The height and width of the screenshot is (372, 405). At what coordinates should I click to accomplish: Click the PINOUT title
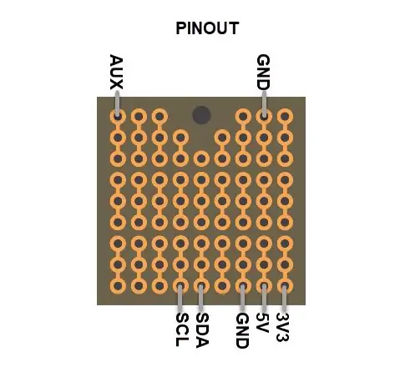[207, 28]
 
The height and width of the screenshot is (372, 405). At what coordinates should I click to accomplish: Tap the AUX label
[116, 72]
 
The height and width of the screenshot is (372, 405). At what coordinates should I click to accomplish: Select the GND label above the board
[263, 72]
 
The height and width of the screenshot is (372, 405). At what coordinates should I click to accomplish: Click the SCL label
[182, 329]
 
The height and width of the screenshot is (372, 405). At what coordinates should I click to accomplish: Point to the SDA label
[202, 330]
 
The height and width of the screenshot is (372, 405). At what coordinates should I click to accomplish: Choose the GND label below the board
[242, 330]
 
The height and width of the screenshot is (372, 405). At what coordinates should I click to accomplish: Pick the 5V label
[262, 323]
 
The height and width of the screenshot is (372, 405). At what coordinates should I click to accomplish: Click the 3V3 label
[282, 327]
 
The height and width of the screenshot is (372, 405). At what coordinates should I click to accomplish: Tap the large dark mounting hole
[201, 115]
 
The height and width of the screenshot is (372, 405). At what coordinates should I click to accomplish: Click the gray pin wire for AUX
[117, 103]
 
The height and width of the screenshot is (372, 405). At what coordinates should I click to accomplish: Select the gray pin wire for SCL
[180, 298]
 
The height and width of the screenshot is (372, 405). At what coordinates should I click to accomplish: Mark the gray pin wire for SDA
[201, 298]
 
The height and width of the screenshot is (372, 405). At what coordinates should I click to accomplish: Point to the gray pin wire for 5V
[264, 298]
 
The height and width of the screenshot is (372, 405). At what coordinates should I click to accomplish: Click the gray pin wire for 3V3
[284, 299]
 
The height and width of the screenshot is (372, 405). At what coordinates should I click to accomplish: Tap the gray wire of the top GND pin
[264, 103]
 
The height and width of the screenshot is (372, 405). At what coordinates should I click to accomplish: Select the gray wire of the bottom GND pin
[242, 298]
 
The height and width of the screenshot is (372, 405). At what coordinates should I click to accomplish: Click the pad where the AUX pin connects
[118, 117]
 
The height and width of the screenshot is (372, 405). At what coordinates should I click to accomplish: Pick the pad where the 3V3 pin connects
[285, 286]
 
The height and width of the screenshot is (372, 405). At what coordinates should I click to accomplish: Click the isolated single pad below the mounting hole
[201, 158]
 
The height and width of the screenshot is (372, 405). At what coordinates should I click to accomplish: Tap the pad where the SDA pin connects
[201, 286]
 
